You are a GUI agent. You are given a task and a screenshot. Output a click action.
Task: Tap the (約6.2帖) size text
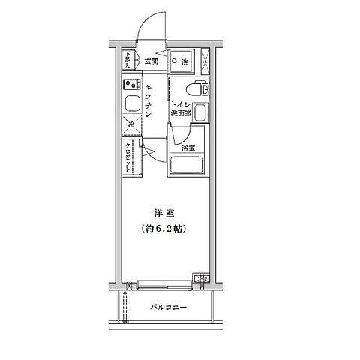pos(163,228)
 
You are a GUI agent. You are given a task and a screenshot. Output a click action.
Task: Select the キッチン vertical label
pos(149,102)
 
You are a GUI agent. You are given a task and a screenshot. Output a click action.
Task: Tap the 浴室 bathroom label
pos(189,148)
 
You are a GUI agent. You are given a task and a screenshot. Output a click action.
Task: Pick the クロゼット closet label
pos(129,158)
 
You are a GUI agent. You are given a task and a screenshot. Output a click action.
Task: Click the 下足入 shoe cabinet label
pos(127,59)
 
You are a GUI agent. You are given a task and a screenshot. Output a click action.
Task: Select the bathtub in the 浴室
pos(189,162)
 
